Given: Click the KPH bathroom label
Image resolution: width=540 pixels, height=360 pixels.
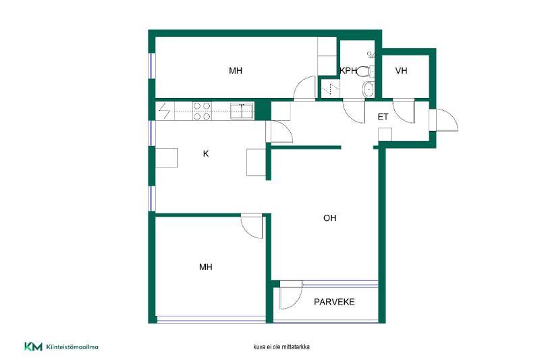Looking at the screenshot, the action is point(348,71).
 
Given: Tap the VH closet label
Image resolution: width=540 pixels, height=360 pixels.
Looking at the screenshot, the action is point(401,71).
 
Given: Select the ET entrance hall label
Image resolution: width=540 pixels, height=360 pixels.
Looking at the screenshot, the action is point(383,117).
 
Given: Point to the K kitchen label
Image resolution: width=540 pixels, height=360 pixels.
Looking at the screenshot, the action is point(206,153).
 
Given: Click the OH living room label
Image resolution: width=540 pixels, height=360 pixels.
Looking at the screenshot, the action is point(329,218).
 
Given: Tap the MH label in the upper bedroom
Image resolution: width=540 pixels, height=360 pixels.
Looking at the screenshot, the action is point(236,71).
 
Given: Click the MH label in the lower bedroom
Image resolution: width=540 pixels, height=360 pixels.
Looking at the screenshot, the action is point(206,267).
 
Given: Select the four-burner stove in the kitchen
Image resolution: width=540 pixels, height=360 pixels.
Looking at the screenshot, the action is point(202,111).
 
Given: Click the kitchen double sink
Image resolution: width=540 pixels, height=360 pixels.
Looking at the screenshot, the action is point(242,111).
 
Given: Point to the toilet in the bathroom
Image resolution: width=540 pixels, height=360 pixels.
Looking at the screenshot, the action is point(364,72).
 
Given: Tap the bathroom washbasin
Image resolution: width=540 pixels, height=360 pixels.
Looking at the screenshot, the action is point(368,90).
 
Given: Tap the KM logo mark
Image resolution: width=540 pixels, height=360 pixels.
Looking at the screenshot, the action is point(33,346).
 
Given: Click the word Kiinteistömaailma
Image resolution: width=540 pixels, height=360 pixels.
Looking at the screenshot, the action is point(72,347).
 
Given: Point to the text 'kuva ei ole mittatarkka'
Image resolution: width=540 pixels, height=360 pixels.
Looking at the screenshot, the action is point(281,347).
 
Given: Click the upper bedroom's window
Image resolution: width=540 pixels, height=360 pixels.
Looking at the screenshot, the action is point(151,66).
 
